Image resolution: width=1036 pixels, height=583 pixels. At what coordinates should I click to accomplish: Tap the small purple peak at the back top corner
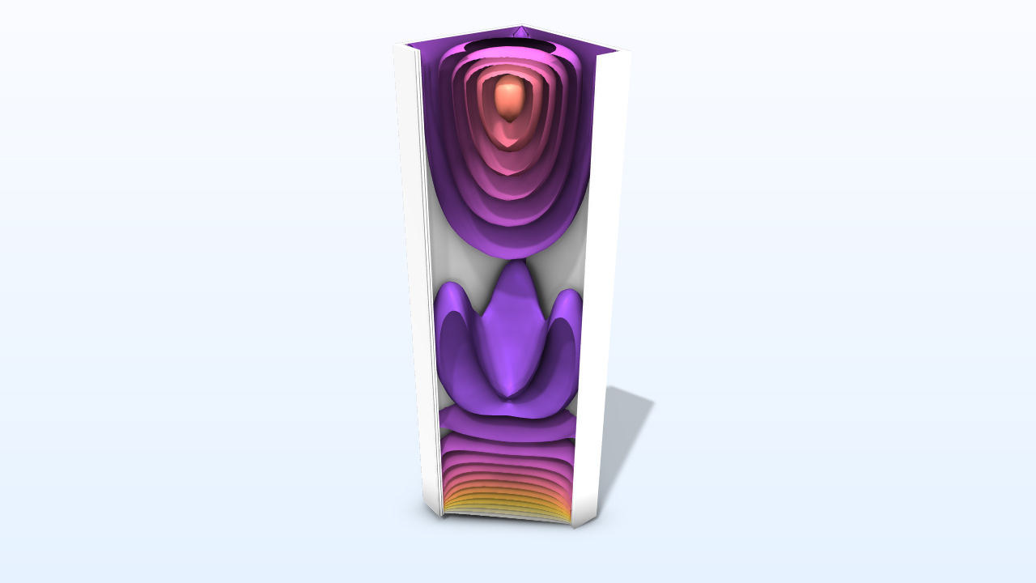(x=521, y=32)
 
